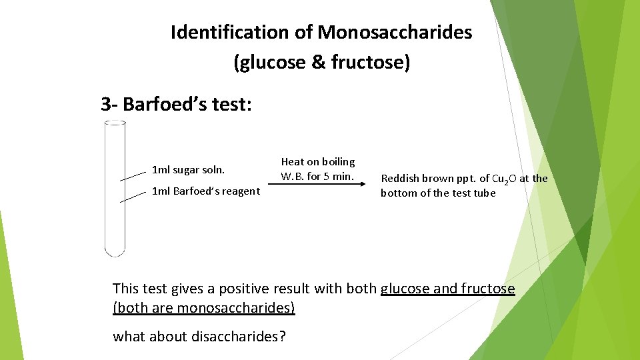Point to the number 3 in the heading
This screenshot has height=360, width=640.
105,104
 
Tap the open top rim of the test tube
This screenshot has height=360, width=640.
115,123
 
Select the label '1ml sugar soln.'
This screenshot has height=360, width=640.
189,170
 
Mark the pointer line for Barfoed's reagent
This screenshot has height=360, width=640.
133,197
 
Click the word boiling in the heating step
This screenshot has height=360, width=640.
337,161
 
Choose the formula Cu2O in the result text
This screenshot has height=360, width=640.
504,179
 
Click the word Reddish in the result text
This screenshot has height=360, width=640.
401,178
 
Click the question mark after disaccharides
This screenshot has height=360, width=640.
283,337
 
